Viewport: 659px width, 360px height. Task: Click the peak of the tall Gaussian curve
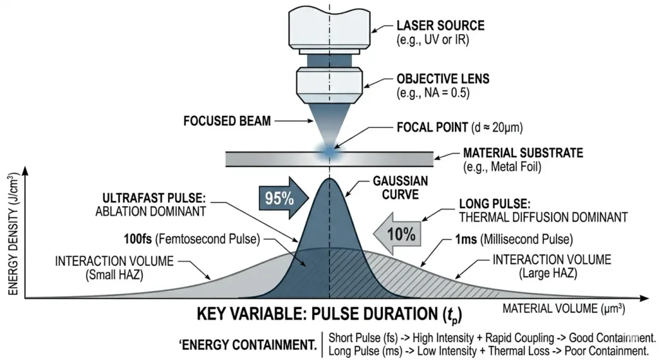pos(329,180)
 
